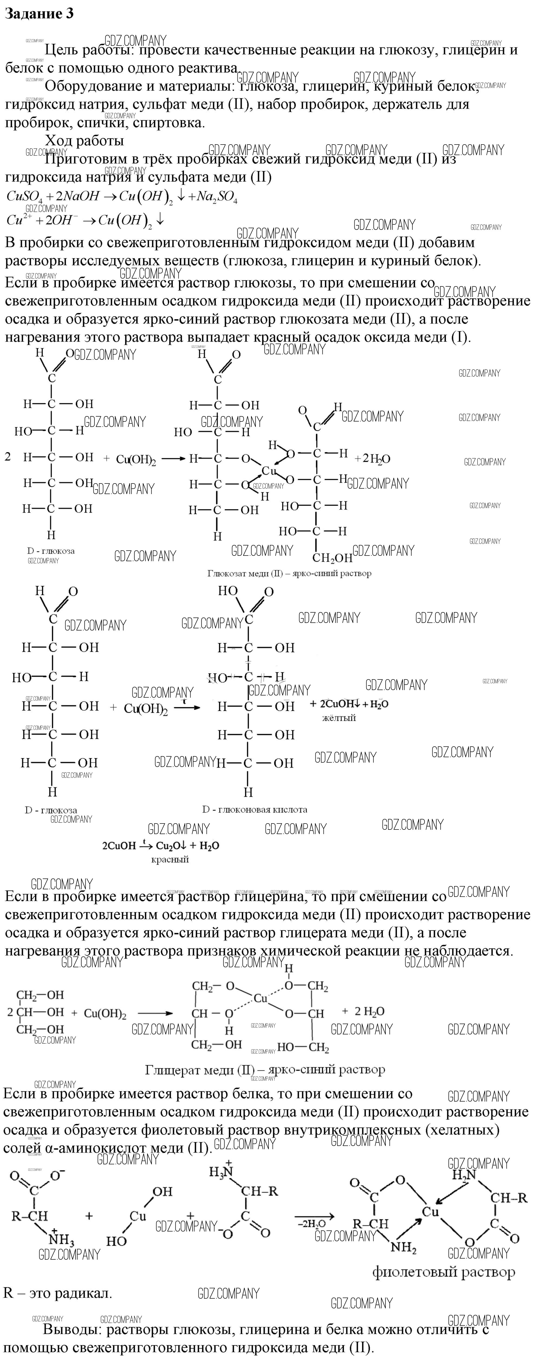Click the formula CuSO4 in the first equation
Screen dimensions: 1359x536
point(24,196)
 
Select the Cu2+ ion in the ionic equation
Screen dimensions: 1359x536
point(16,220)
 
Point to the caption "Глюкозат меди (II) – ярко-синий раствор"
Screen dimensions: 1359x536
point(289,573)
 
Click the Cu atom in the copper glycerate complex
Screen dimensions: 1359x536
point(261,998)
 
